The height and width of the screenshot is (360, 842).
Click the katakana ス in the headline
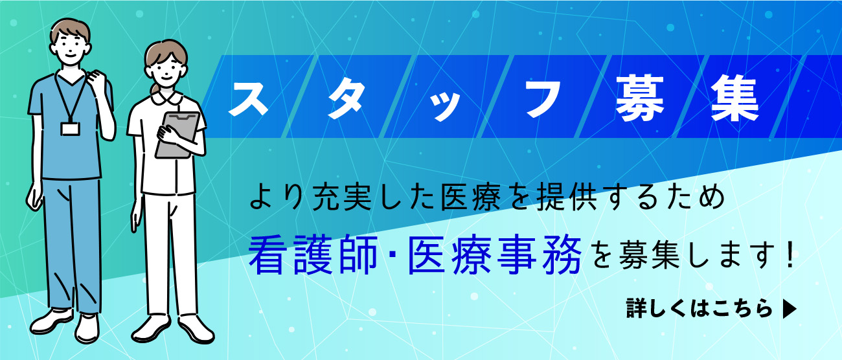248,98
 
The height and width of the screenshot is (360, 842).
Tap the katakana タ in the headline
347,99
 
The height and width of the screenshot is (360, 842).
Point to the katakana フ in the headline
543,98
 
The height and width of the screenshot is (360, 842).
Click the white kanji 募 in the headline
640,98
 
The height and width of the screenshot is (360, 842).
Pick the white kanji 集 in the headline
736,98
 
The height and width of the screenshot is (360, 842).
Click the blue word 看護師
313,256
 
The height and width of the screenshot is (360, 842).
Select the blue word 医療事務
495,256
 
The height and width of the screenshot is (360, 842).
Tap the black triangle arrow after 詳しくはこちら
790,309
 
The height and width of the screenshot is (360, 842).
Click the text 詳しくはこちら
699,309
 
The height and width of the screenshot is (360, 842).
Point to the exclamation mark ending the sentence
789,256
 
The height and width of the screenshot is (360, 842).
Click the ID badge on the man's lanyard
71,129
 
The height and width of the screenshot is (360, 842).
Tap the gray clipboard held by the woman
177,134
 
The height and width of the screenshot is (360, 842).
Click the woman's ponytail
155,90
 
